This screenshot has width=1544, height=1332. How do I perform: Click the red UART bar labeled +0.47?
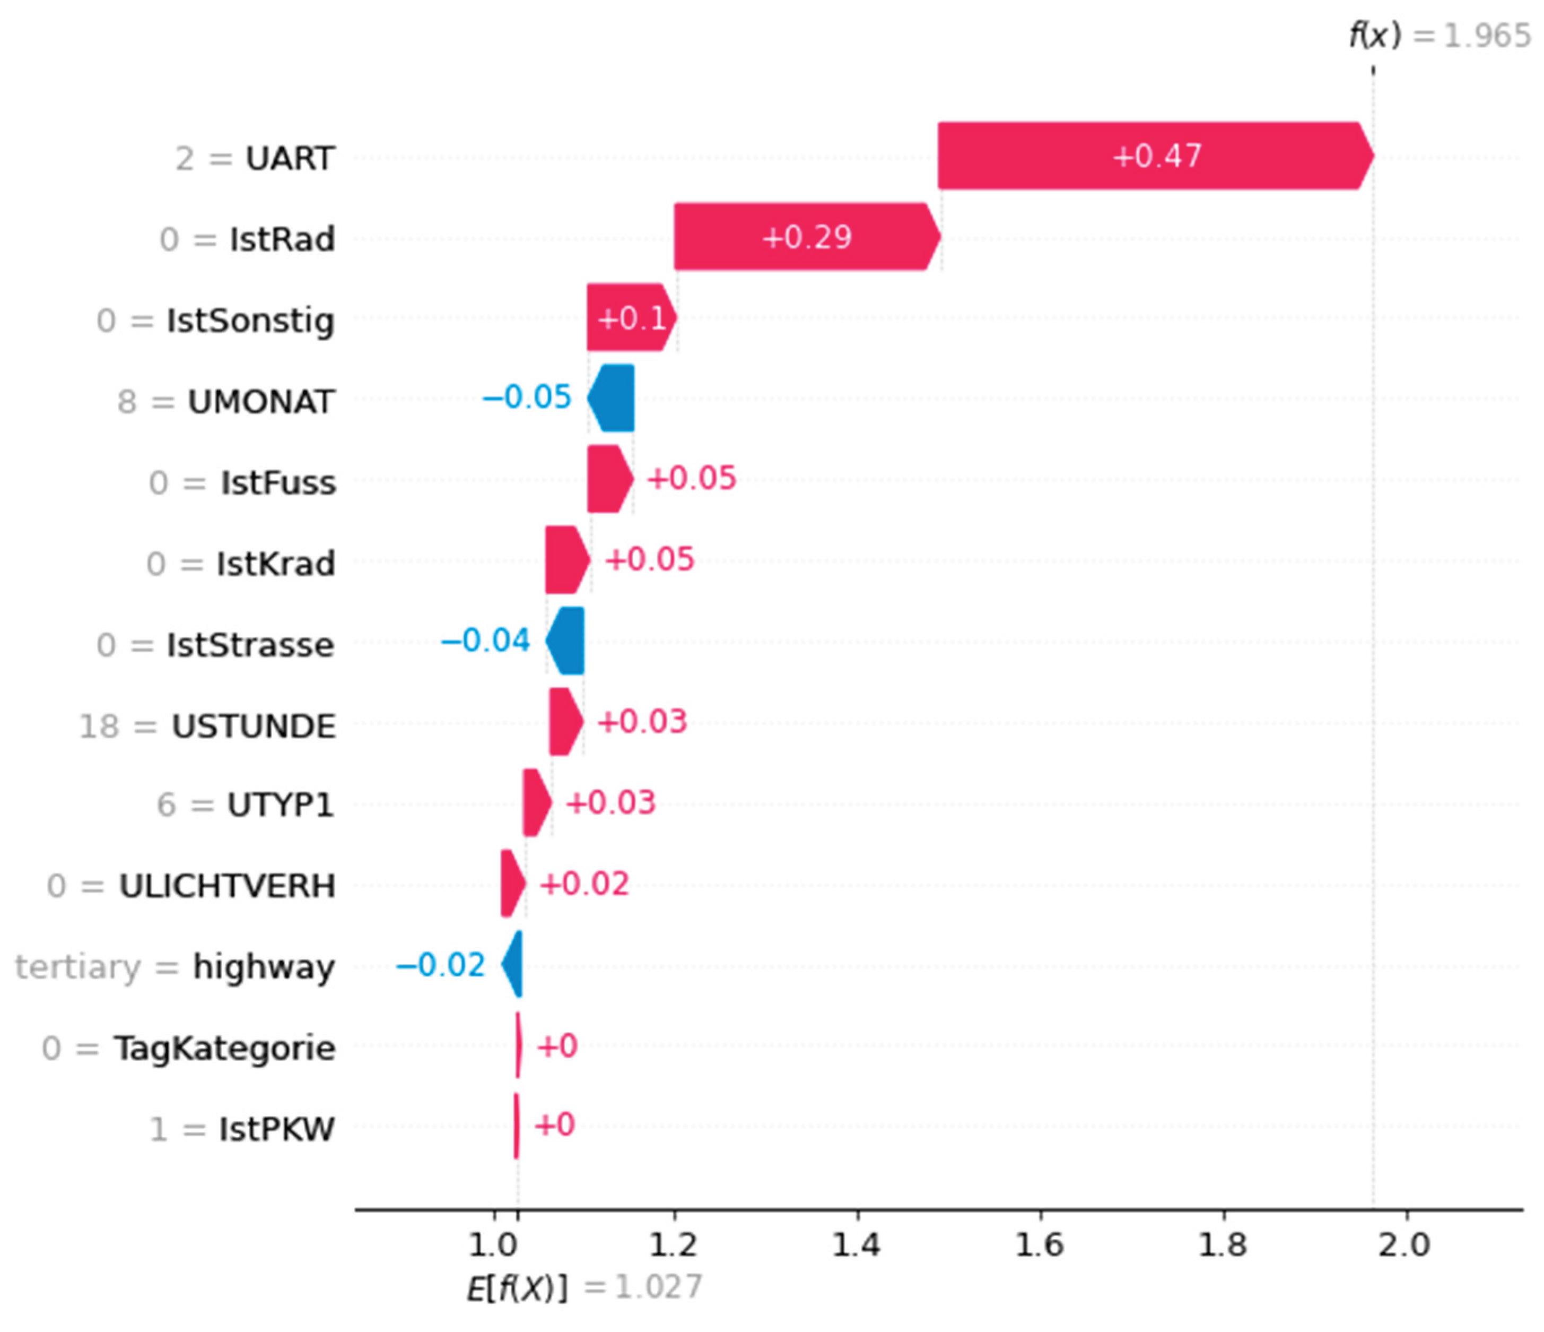[x=1155, y=156]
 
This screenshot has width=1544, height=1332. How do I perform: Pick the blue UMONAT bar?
[x=613, y=398]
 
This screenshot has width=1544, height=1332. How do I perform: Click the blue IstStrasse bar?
[x=566, y=641]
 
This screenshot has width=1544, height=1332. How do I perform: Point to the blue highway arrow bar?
[x=514, y=965]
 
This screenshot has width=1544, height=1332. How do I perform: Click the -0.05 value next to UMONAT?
[x=526, y=397]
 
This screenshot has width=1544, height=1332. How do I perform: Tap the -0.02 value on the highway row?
[x=440, y=965]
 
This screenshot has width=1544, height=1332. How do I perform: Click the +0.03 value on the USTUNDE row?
[x=642, y=722]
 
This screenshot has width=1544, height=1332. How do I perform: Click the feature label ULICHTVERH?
[x=228, y=886]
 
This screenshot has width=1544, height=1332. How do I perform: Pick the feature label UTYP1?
[x=280, y=805]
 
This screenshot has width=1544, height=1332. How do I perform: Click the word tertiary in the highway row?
[x=77, y=967]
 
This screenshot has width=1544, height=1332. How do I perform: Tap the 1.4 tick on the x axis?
[x=857, y=1245]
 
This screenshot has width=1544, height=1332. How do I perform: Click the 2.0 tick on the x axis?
[x=1405, y=1245]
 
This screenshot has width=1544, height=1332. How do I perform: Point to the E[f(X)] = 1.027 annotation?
[x=584, y=1288]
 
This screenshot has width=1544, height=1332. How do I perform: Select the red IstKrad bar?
[x=566, y=560]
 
